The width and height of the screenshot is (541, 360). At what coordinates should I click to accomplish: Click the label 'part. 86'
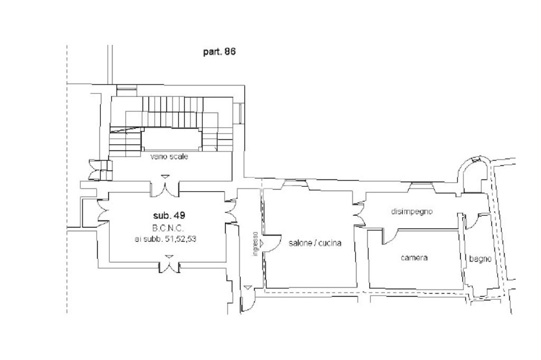point(219,52)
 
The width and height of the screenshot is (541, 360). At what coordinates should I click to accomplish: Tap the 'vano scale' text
point(169,157)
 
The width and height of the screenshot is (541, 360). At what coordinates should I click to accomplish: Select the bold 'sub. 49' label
point(169,215)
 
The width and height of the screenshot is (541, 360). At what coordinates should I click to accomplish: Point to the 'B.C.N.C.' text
point(168,228)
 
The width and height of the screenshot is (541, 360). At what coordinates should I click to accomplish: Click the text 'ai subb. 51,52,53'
point(165,239)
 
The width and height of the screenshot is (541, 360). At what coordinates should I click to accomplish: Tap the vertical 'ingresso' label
point(255,243)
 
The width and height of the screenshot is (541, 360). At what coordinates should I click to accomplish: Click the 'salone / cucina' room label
point(315,243)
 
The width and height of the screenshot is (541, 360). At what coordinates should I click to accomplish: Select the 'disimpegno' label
point(412,211)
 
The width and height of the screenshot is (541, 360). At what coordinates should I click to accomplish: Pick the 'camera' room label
point(414,258)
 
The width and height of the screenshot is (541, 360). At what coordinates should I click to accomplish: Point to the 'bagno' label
point(480,259)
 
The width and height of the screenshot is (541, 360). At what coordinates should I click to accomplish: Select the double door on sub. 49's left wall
point(103,211)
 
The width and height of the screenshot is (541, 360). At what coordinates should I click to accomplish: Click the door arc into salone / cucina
point(274,243)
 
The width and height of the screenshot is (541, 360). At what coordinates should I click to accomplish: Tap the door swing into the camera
point(389,237)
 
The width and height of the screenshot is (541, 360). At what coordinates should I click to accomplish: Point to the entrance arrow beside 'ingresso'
point(262,244)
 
